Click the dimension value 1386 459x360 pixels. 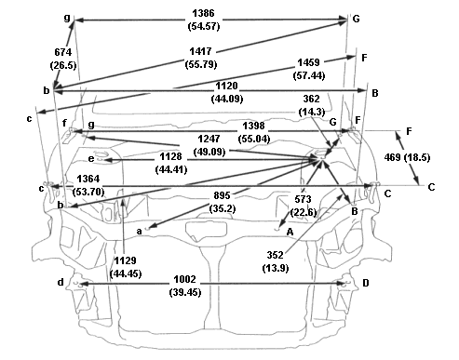click(203, 13)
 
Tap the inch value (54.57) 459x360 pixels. click(204, 26)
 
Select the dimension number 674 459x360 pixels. click(63, 52)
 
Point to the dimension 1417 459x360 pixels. click(200, 51)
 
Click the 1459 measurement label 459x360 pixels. click(308, 62)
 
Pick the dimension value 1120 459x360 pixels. click(227, 86)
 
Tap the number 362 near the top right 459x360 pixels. click(311, 99)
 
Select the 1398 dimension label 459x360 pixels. click(253, 126)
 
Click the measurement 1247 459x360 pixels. click(209, 139)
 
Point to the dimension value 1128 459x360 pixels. click(170, 156)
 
